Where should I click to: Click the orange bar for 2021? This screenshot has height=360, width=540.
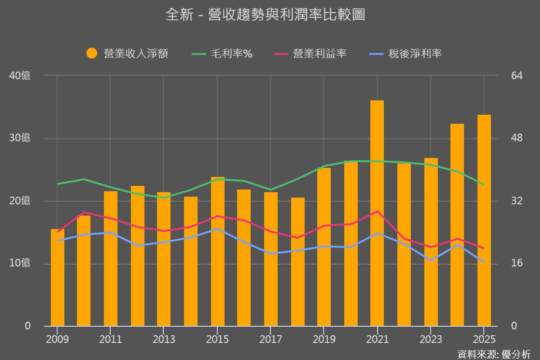coord(377,213)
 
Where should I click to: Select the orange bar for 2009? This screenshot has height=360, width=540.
coord(58,277)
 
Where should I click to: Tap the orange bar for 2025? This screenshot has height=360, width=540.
coord(484,220)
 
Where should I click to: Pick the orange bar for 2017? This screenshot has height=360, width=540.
coord(271,259)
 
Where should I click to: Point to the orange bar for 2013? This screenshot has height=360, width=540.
coord(164,259)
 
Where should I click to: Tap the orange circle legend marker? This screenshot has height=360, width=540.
coord(92,54)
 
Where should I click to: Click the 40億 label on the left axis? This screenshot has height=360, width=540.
coord(20,76)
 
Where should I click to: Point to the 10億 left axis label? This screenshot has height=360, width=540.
coord(20,263)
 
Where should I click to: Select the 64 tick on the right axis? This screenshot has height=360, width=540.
coord(517,76)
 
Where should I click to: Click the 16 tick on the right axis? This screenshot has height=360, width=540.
coord(517,263)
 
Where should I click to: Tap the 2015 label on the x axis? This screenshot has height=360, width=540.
coord(217,339)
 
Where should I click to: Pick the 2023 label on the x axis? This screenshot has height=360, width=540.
coord(431,339)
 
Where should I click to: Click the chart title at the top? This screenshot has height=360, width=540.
coord(265,15)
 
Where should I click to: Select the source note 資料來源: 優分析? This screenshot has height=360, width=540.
coord(494,354)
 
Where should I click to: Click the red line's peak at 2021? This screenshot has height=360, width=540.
coord(377,211)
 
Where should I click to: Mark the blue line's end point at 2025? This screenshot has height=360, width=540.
coord(484,262)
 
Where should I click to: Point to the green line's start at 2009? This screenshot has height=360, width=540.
coord(58,184)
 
